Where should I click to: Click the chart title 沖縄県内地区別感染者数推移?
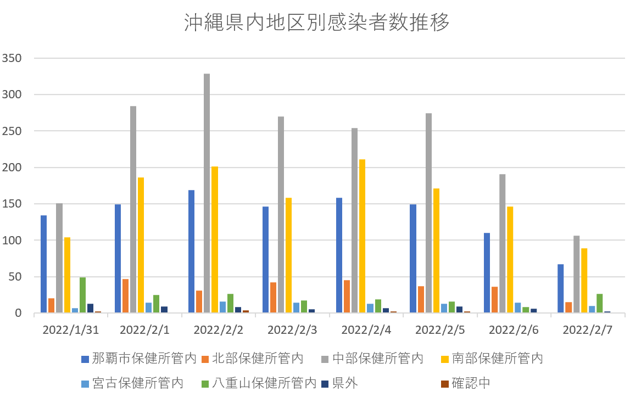click(x=315, y=23)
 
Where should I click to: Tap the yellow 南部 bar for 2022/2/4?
click(x=362, y=236)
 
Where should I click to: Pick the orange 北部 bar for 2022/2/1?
click(x=125, y=296)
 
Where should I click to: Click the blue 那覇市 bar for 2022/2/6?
click(x=487, y=273)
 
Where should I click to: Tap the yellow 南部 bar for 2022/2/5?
click(x=436, y=250)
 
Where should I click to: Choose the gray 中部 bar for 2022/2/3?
click(x=281, y=215)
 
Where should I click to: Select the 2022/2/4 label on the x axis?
click(x=366, y=330)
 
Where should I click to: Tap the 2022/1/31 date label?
click(x=70, y=330)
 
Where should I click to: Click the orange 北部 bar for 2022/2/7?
click(x=568, y=307)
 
